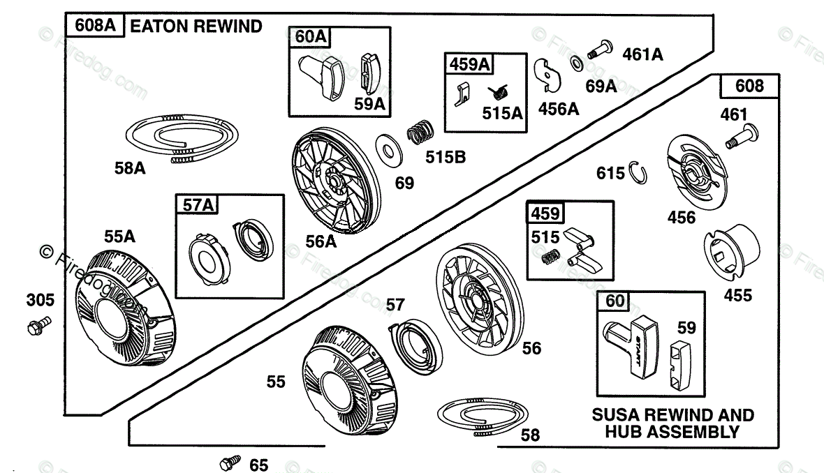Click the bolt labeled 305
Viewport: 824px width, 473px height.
point(39,325)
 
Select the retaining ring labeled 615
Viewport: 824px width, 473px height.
point(638,172)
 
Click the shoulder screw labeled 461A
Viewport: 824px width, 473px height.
point(600,49)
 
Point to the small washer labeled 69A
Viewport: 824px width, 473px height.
point(577,63)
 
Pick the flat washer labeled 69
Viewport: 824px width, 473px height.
point(389,150)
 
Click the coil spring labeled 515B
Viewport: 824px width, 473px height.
point(421,132)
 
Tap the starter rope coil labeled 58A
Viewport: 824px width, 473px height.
point(182,137)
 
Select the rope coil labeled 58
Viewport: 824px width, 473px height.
point(483,416)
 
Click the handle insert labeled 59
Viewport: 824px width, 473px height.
point(683,365)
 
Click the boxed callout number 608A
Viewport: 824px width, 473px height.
point(94,25)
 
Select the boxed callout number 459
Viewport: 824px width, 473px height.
point(545,213)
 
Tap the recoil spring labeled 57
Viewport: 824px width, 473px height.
point(415,341)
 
